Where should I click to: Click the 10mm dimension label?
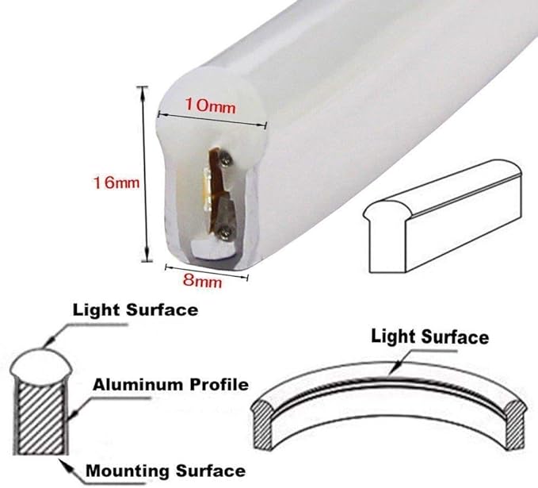(210, 106)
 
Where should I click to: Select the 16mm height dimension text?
(116, 183)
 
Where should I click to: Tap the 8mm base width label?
(202, 281)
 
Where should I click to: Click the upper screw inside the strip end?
(225, 159)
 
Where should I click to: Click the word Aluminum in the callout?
(139, 385)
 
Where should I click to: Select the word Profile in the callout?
(219, 385)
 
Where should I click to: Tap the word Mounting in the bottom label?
(128, 471)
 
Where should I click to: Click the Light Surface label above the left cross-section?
(135, 310)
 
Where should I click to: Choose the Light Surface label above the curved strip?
(430, 336)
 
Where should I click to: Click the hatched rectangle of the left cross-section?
(41, 417)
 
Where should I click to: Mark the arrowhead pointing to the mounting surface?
(65, 463)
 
